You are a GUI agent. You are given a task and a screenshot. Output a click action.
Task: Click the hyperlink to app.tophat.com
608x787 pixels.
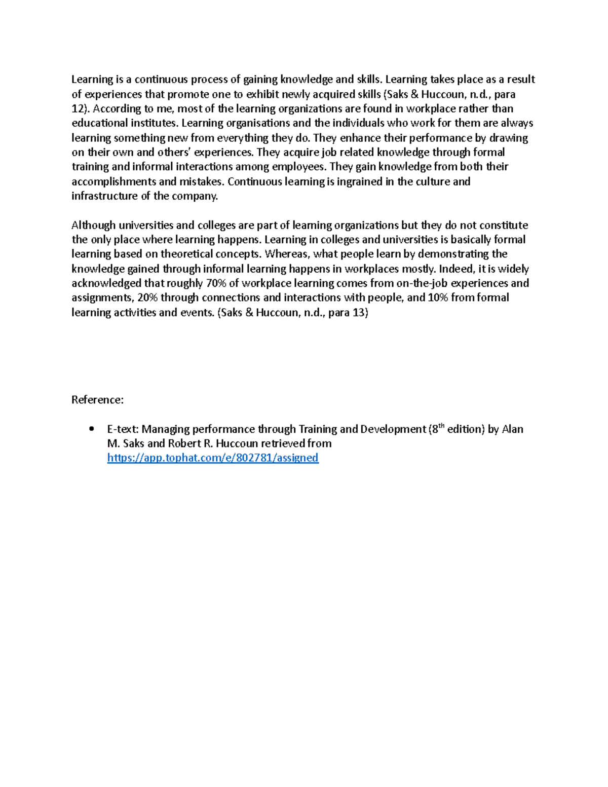point(213,458)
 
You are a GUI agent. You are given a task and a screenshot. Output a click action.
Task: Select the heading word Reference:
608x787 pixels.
point(97,400)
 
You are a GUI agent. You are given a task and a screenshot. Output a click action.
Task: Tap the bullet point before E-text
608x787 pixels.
point(91,429)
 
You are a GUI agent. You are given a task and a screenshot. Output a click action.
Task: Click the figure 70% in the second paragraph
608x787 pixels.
point(216,283)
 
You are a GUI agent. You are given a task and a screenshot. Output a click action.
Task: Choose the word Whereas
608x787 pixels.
point(287,254)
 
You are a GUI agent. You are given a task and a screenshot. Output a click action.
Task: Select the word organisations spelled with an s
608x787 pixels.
point(261,123)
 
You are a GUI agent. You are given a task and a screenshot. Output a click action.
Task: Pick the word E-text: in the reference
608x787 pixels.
point(122,429)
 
